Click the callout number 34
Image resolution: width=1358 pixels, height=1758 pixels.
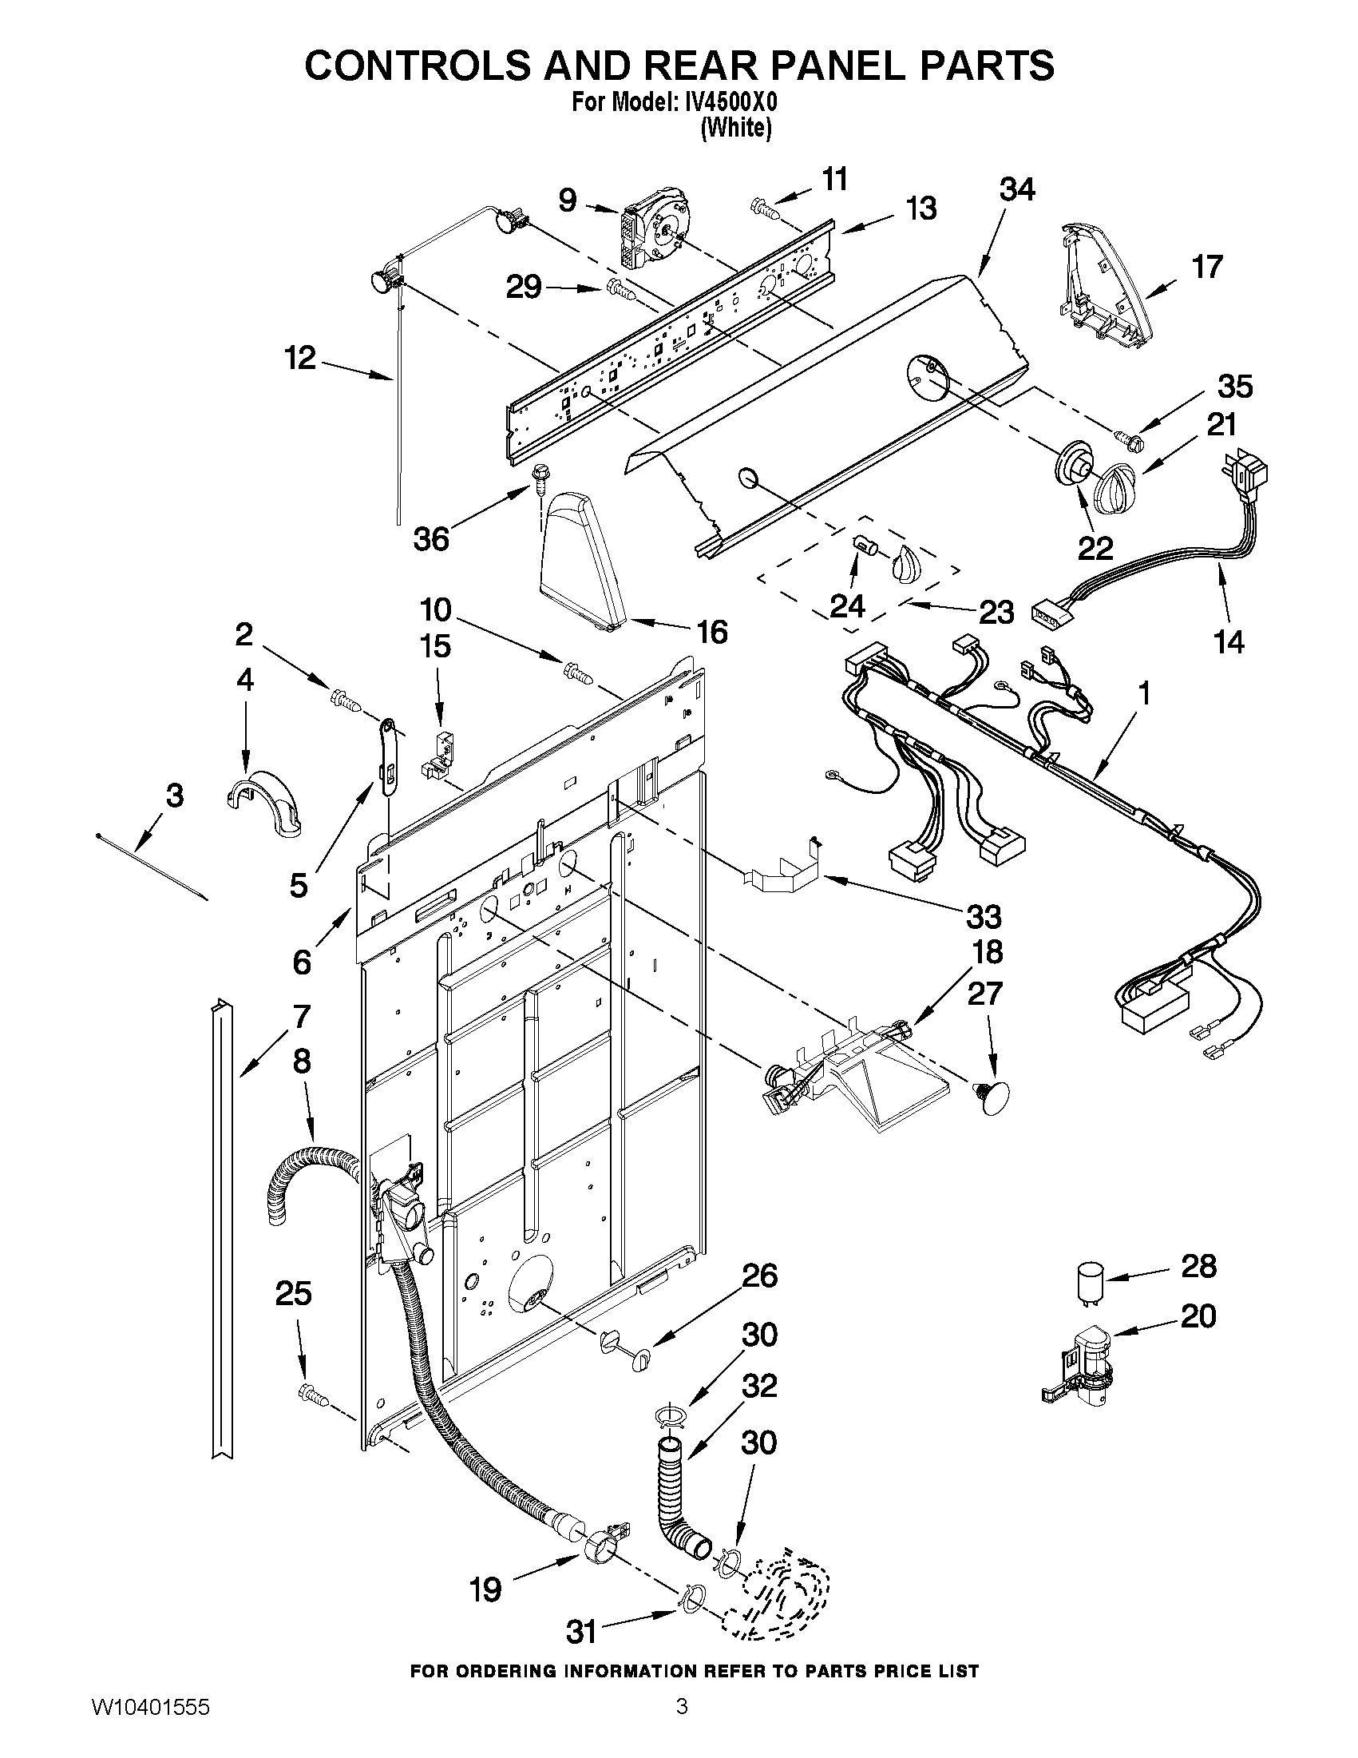[x=1017, y=190]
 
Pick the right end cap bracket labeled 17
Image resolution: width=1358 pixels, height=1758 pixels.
[x=1105, y=289]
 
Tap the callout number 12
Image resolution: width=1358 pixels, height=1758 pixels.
[x=300, y=358]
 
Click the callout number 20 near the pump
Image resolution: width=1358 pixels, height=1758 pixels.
[x=1198, y=1317]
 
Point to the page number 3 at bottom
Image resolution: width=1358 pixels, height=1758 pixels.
[x=682, y=1726]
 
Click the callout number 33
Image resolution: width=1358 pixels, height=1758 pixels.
[x=983, y=916]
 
